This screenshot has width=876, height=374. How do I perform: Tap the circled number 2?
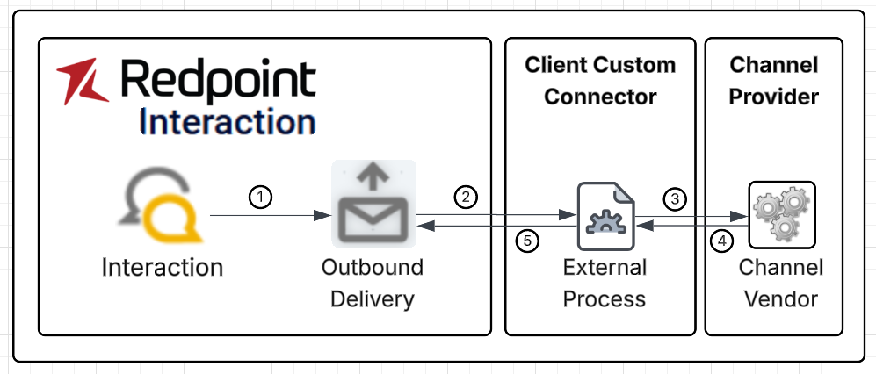[x=465, y=197]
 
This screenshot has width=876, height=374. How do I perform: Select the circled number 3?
[x=675, y=198]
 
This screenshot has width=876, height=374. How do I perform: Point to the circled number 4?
[x=720, y=241]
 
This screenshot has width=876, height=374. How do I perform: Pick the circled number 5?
[x=525, y=241]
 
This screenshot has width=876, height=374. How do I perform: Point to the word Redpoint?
[x=218, y=81]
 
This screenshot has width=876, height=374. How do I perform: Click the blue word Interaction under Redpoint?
[x=228, y=122]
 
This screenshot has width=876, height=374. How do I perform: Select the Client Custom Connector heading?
[x=600, y=80]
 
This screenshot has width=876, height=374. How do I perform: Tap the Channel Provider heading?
[x=774, y=80]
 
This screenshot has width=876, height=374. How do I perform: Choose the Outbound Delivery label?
[x=373, y=283]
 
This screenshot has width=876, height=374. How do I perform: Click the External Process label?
[x=605, y=283]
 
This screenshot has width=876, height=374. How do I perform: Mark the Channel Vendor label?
[x=781, y=283]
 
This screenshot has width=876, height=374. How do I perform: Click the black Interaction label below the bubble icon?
[x=163, y=266]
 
